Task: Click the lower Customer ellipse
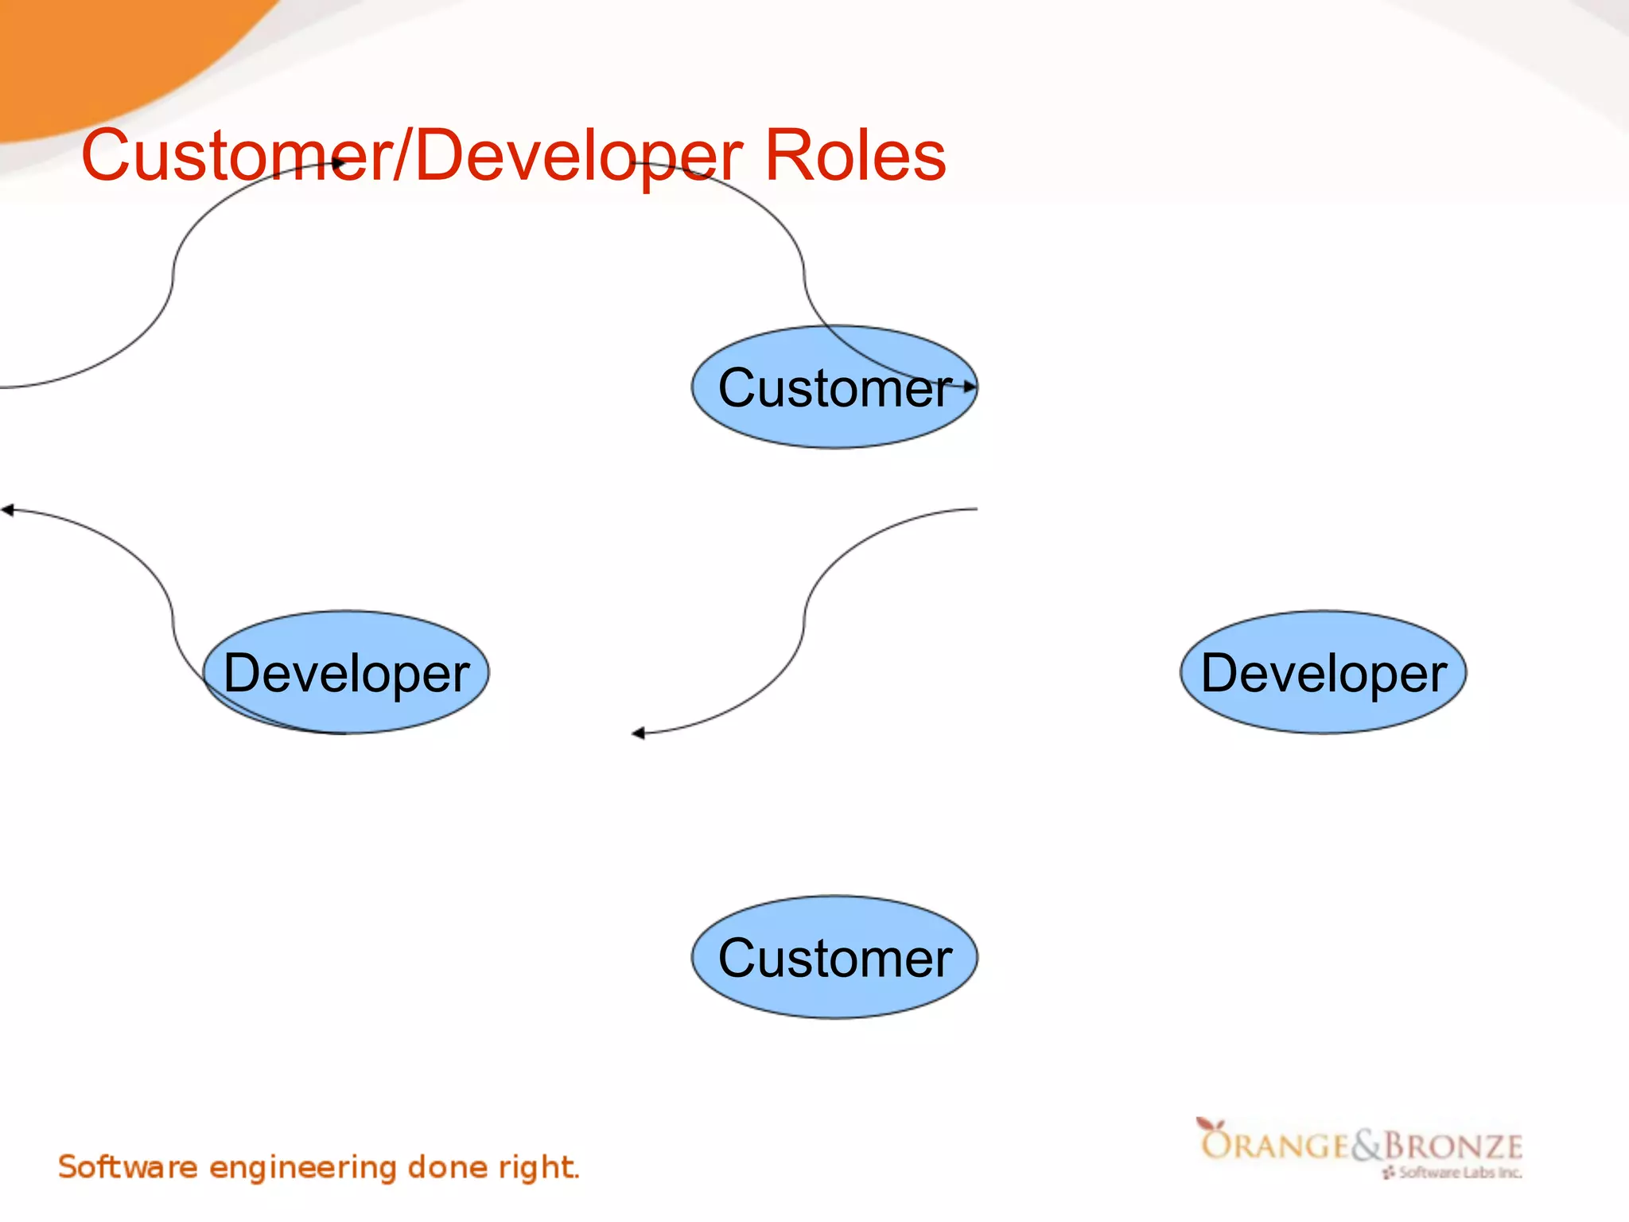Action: pos(834,957)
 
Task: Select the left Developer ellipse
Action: pos(346,672)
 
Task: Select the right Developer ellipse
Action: pos(1323,672)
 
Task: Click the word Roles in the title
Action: pos(854,156)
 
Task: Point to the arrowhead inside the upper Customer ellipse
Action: pos(969,387)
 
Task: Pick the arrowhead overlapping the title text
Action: pos(338,163)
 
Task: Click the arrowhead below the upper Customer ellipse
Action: pos(639,733)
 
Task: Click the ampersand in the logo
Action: pos(1367,1146)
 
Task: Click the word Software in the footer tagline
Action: pos(127,1167)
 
